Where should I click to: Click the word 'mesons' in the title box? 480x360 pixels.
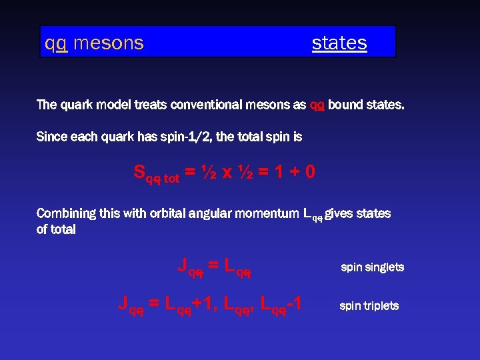click(108, 43)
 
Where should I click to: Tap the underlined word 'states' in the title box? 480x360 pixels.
click(339, 43)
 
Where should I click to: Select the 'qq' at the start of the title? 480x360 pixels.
click(55, 43)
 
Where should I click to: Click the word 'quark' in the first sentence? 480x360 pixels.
click(77, 105)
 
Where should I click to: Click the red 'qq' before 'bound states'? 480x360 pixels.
click(317, 105)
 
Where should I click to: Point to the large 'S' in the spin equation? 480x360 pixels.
click(139, 171)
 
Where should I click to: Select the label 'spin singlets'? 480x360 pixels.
click(372, 267)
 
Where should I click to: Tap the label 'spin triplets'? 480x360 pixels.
click(369, 306)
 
